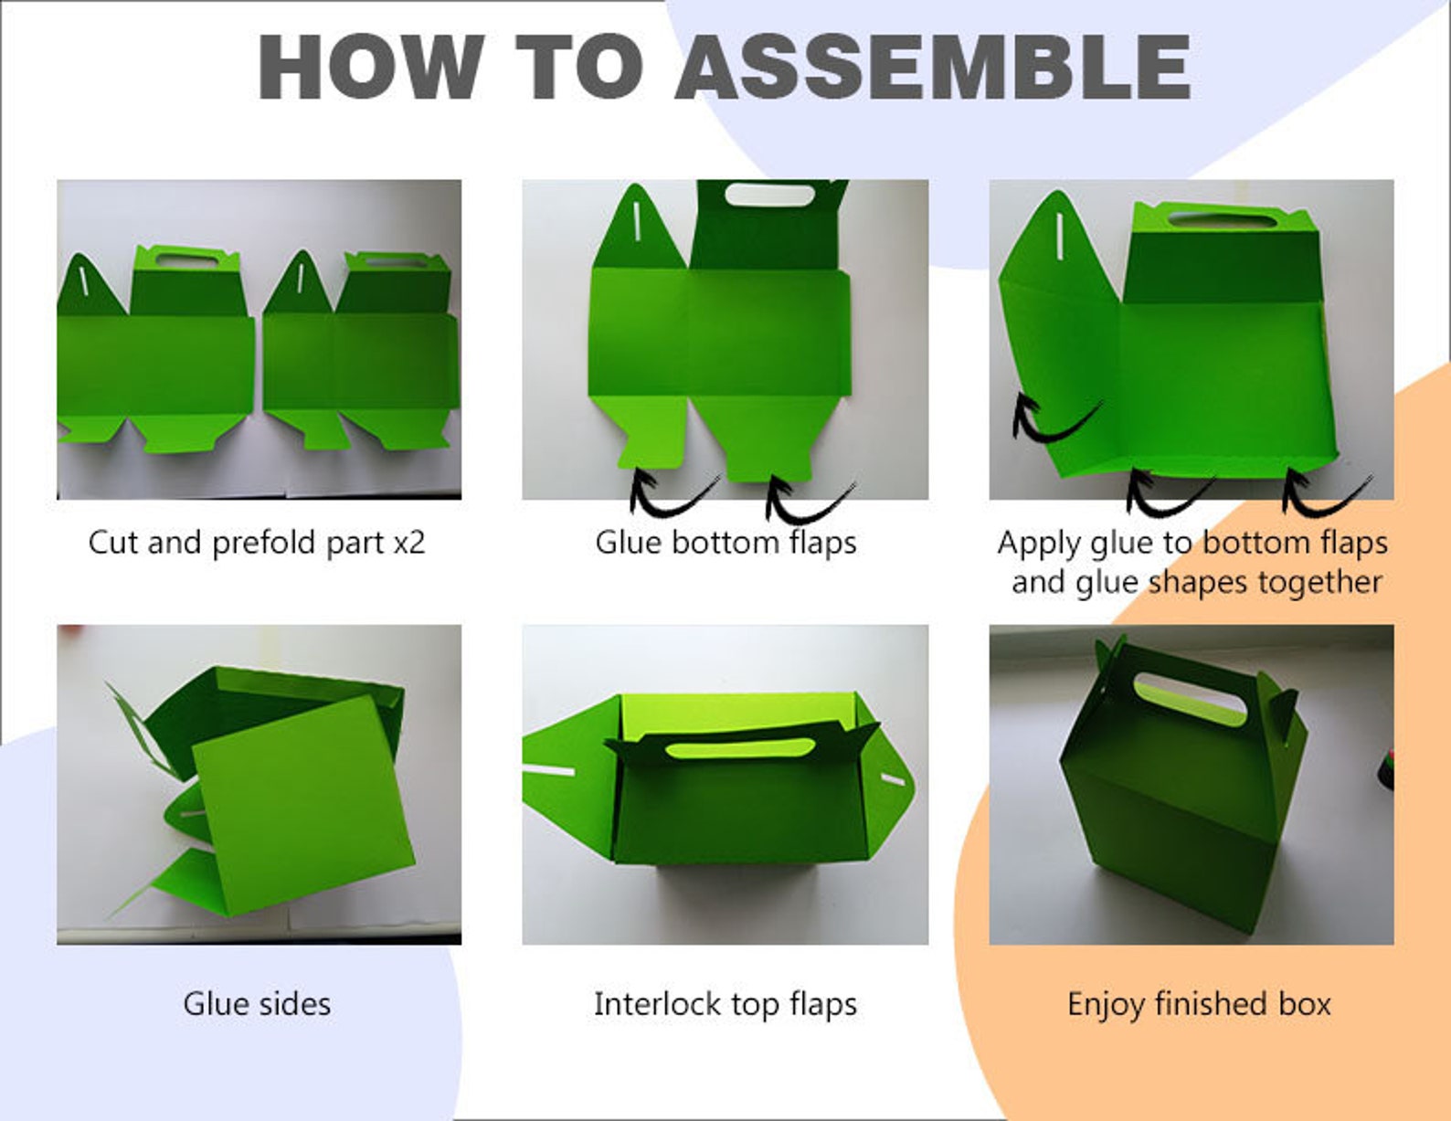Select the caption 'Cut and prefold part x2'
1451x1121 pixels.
click(x=257, y=543)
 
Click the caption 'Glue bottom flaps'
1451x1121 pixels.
click(x=725, y=543)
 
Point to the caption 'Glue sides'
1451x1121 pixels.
click(x=257, y=1004)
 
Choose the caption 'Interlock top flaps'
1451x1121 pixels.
click(x=725, y=1004)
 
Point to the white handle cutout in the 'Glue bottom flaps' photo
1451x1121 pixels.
click(x=769, y=195)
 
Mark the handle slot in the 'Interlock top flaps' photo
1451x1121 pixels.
click(x=740, y=748)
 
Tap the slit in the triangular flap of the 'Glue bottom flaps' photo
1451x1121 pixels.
click(x=638, y=222)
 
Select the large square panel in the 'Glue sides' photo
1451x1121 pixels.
click(x=304, y=805)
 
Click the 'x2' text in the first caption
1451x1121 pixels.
click(x=408, y=543)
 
